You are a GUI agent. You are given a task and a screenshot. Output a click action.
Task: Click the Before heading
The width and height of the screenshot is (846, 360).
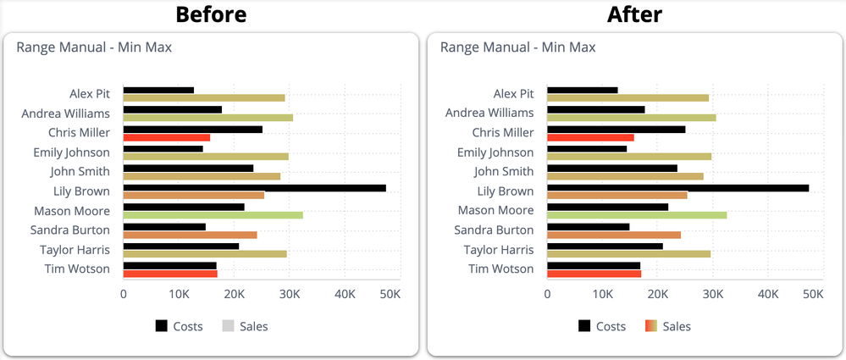(211, 14)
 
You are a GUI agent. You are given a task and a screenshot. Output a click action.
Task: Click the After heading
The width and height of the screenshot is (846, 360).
(635, 14)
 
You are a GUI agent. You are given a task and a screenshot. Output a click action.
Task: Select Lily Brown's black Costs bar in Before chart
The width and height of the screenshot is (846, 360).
(254, 188)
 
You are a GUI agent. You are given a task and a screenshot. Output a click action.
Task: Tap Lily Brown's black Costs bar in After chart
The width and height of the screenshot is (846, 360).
(677, 188)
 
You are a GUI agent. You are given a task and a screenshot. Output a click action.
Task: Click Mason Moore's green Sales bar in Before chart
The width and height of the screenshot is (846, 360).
(213, 215)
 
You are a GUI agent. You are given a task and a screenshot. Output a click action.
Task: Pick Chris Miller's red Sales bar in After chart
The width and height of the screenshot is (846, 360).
(590, 137)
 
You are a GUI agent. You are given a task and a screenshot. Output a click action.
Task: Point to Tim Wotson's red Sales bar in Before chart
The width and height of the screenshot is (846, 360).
(170, 274)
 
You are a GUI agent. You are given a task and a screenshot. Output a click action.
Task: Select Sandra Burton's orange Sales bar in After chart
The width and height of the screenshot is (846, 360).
(614, 235)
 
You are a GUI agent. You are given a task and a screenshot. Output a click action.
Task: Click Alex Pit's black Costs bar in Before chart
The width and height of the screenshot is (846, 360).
(158, 90)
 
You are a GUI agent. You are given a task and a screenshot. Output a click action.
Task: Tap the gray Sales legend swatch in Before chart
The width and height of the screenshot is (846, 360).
(228, 326)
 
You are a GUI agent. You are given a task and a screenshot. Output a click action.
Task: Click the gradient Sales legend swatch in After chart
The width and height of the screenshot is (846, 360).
(651, 326)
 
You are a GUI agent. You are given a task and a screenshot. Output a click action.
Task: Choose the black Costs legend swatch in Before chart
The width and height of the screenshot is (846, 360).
(162, 326)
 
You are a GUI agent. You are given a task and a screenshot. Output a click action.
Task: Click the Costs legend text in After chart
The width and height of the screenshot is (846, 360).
(611, 326)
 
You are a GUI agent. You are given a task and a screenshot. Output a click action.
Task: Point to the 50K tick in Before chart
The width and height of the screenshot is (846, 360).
(390, 294)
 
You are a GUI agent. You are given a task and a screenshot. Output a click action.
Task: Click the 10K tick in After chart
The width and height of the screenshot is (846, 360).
(602, 294)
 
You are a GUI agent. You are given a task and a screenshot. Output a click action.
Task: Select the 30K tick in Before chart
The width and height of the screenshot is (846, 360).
(290, 294)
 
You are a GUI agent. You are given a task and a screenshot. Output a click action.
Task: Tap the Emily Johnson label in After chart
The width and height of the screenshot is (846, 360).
(495, 152)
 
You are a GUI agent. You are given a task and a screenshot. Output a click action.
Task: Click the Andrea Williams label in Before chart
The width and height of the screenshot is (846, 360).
(71, 113)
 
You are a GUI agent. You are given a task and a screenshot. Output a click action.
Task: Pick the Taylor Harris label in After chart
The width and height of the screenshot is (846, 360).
(499, 250)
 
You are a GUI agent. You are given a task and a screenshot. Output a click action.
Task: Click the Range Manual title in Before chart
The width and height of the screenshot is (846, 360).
(94, 47)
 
